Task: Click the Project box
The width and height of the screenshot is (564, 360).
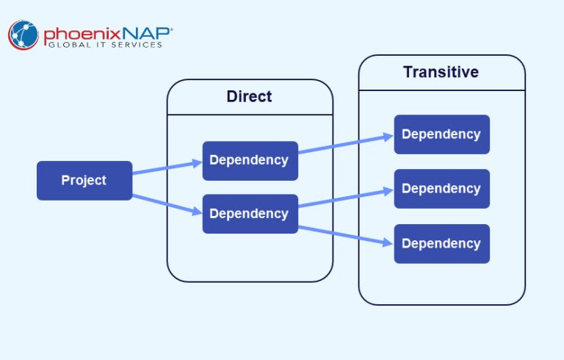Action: (x=84, y=180)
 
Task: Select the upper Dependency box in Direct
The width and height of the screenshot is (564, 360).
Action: (x=250, y=160)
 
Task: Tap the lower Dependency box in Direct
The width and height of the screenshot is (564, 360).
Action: (x=250, y=214)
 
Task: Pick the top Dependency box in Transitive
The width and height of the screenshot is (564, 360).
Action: (x=441, y=134)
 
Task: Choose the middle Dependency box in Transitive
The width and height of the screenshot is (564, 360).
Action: (x=441, y=189)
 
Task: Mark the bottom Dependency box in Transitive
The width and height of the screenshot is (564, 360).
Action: (x=441, y=243)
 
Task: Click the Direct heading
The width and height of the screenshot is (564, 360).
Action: (x=249, y=96)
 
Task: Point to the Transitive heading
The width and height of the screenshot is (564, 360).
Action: (x=441, y=72)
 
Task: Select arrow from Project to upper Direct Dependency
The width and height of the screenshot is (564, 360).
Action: (x=167, y=168)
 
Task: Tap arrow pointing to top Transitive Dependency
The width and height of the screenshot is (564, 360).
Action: (x=345, y=144)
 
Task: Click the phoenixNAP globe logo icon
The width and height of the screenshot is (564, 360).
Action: (x=23, y=35)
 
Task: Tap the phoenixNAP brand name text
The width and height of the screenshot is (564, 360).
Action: (x=106, y=33)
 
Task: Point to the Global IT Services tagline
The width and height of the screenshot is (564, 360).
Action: (x=105, y=46)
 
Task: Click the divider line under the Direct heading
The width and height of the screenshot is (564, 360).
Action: (x=250, y=115)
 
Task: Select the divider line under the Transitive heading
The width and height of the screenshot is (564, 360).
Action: (x=441, y=90)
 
